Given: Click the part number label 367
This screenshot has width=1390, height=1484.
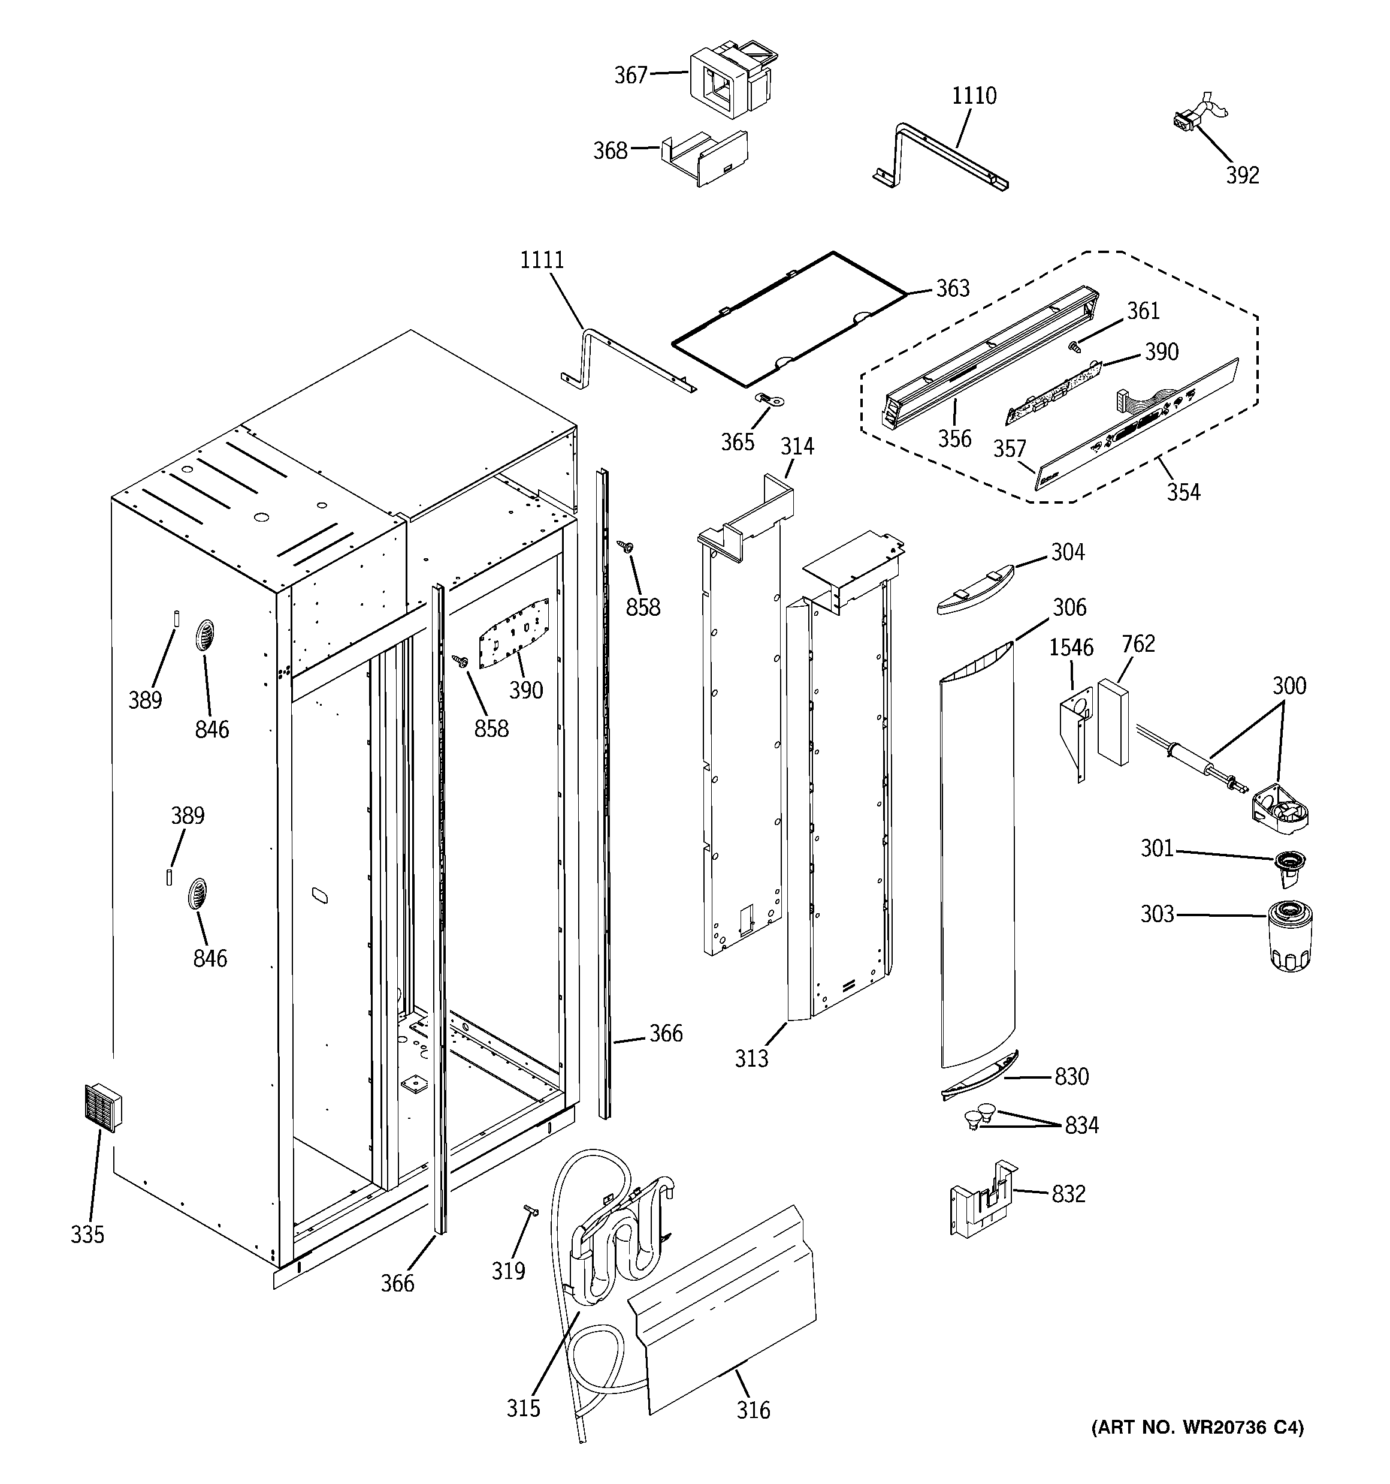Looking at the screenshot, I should click(x=630, y=76).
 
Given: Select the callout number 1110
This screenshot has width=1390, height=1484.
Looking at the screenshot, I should click(x=974, y=95).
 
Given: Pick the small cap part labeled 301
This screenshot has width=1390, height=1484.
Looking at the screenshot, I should click(x=1289, y=868).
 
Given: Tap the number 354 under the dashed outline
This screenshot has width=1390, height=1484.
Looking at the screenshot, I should click(x=1183, y=492).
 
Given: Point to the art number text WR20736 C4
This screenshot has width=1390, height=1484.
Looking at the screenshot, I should click(x=1198, y=1428).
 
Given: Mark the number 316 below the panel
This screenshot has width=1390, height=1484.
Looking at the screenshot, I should click(x=753, y=1410).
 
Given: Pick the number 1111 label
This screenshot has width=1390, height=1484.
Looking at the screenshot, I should click(x=542, y=260).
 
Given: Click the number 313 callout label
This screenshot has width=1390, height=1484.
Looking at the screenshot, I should click(x=751, y=1058).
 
